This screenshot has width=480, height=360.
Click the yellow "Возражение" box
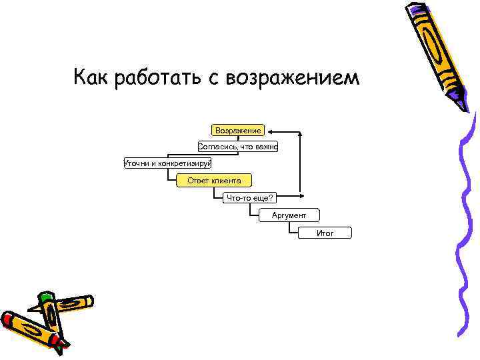tap(237, 130)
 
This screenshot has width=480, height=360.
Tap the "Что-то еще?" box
tap(251, 198)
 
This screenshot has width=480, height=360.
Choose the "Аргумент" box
tap(289, 215)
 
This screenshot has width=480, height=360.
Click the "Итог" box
tap(325, 233)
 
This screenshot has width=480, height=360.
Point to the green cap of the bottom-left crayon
tap(46, 295)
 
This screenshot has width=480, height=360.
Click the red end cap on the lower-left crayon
tap(61, 344)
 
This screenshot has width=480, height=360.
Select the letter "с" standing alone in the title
tap(213, 79)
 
